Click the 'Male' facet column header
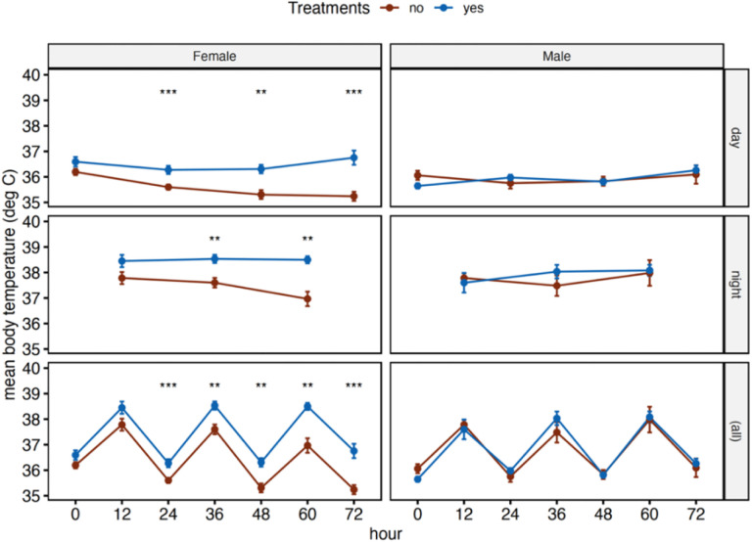[x=555, y=57]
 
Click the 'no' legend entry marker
[x=389, y=9]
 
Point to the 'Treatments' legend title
[x=329, y=9]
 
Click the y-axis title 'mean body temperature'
[x=12, y=284]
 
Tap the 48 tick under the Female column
[x=260, y=513]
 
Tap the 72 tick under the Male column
[x=695, y=513]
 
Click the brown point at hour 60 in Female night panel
[x=307, y=298]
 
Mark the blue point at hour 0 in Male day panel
[x=417, y=186]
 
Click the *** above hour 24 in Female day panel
[x=167, y=94]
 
